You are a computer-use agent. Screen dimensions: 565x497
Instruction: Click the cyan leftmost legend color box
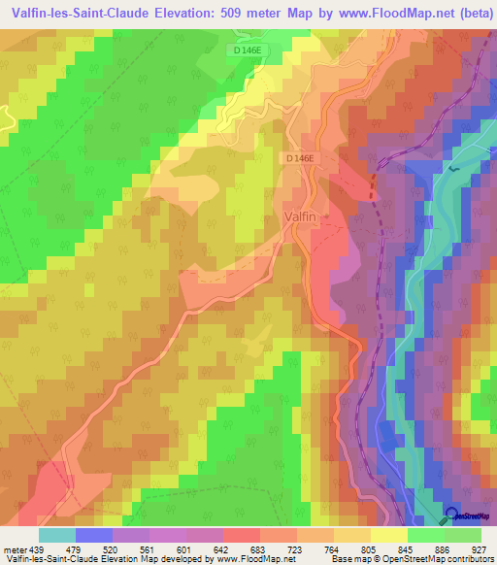(56, 535)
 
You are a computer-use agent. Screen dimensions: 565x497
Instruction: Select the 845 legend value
(400, 549)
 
